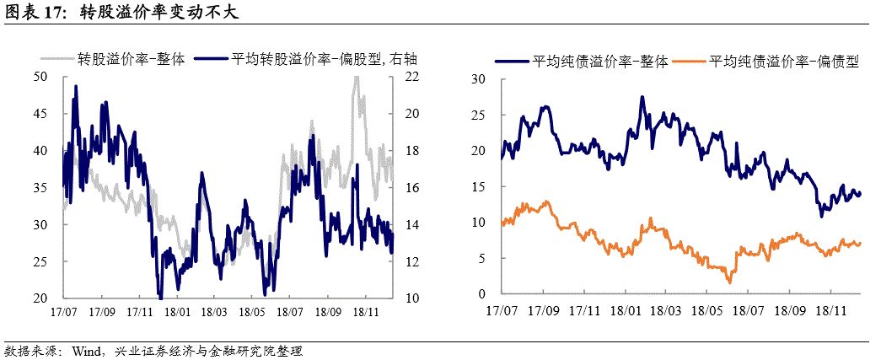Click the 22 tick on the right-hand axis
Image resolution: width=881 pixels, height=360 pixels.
tap(412, 78)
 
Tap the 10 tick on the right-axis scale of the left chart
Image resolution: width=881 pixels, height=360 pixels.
tap(412, 298)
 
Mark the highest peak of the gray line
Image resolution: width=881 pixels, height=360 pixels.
tap(357, 77)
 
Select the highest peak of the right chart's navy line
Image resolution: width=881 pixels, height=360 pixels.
tap(642, 97)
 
